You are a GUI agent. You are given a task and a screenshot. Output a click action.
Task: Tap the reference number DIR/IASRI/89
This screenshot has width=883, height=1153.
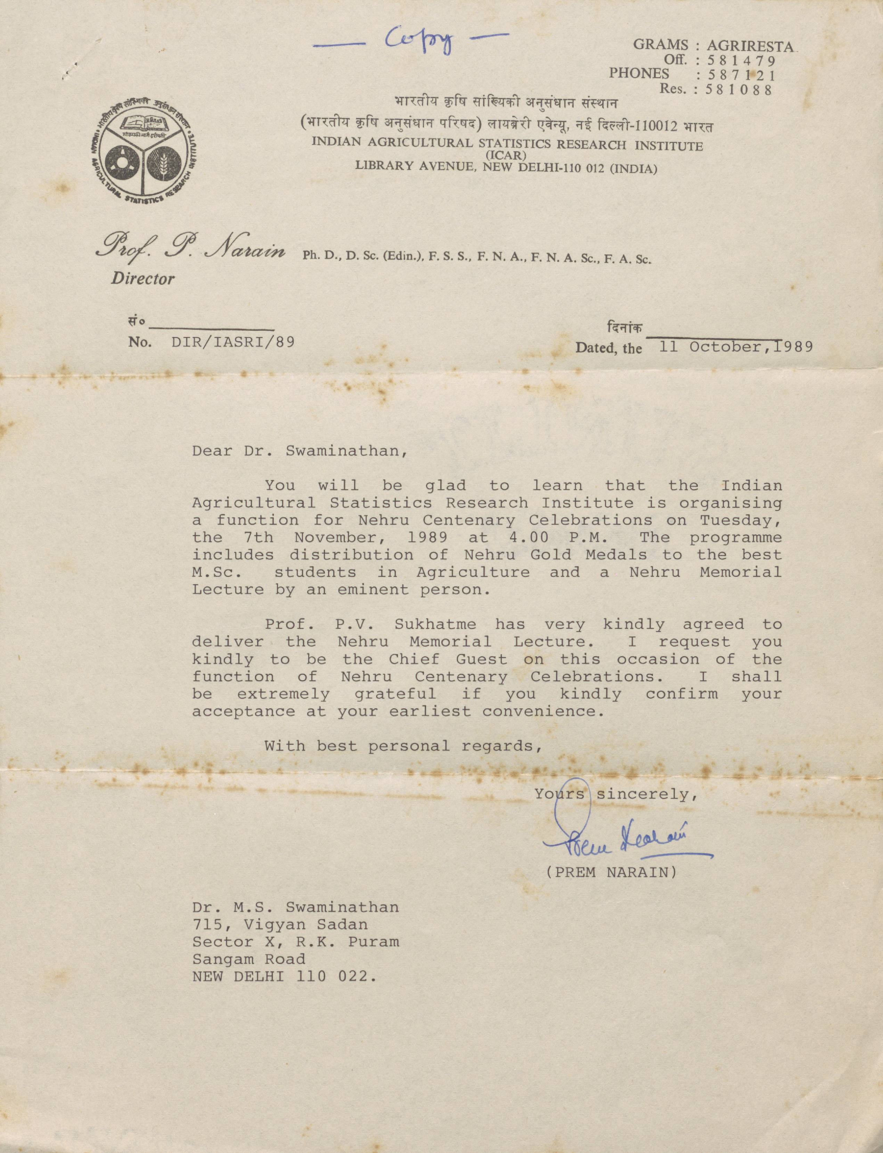point(233,342)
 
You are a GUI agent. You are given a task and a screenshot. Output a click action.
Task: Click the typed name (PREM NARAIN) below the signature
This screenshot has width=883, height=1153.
point(611,873)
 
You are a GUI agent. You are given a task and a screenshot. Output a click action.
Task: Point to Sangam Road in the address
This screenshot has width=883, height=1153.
point(248,959)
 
